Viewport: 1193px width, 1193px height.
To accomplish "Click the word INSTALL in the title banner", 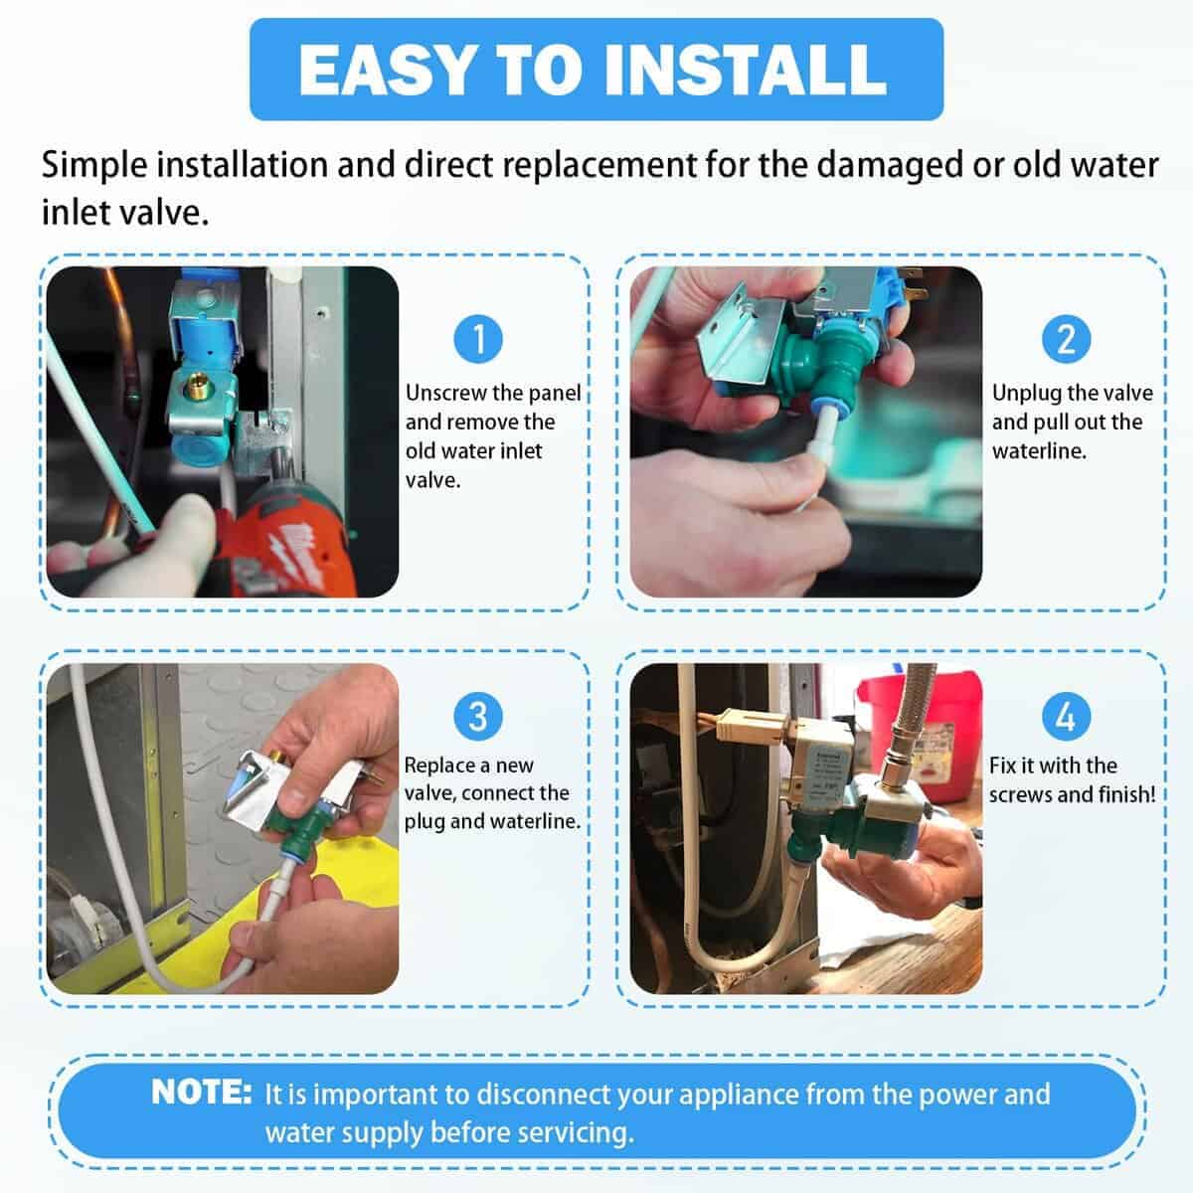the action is (x=745, y=69).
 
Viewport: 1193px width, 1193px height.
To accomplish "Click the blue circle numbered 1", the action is (x=478, y=339).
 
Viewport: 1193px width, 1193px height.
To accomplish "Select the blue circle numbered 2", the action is (x=1066, y=339).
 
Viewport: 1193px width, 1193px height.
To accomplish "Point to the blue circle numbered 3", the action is (x=478, y=716).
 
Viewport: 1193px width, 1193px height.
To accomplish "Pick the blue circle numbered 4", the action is (x=1066, y=716).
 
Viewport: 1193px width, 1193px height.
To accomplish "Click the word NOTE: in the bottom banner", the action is (x=202, y=1092).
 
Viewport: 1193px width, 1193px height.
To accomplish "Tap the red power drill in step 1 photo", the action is (x=281, y=538).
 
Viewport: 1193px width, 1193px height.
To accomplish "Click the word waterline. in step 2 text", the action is (x=1039, y=450).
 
